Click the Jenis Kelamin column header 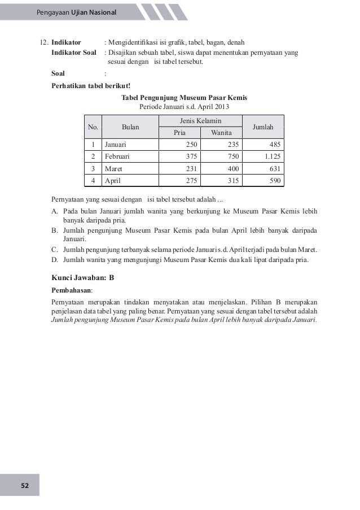(x=200, y=121)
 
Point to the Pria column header (x=179, y=133)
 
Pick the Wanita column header (x=221, y=133)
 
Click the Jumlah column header (x=263, y=127)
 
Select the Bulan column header (x=130, y=127)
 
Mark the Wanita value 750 (x=233, y=156)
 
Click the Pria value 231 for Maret (x=192, y=168)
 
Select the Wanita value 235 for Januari (x=233, y=145)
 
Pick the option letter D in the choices (x=55, y=260)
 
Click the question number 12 (x=42, y=42)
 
